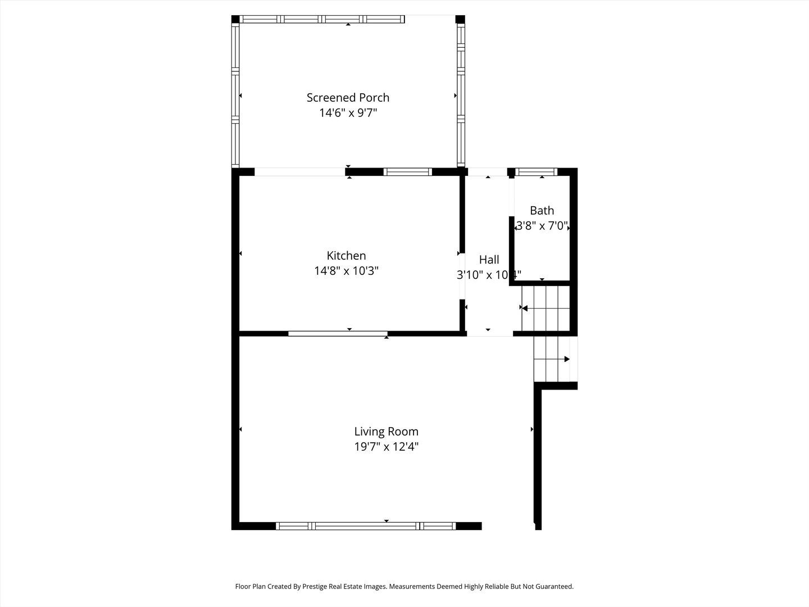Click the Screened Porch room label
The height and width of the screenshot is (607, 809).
pyautogui.click(x=348, y=97)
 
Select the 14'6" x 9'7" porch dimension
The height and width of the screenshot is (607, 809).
pyautogui.click(x=348, y=113)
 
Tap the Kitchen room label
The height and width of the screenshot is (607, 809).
pyautogui.click(x=346, y=256)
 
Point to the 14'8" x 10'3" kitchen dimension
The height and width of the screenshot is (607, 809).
pyautogui.click(x=346, y=271)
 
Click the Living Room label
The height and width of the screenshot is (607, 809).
pyautogui.click(x=386, y=432)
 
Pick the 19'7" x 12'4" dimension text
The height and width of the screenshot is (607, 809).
pyautogui.click(x=386, y=447)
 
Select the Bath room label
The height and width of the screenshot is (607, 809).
pyautogui.click(x=542, y=211)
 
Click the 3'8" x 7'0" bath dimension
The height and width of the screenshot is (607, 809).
pyautogui.click(x=542, y=227)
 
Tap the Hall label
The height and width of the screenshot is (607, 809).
pyautogui.click(x=489, y=260)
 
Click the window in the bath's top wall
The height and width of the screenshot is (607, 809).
pyautogui.click(x=537, y=172)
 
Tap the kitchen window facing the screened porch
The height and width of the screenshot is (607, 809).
pyautogui.click(x=408, y=172)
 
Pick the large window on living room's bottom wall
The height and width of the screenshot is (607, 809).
pyautogui.click(x=365, y=526)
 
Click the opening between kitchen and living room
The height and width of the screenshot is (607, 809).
pyautogui.click(x=338, y=334)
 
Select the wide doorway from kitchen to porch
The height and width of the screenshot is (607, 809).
pyautogui.click(x=299, y=172)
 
